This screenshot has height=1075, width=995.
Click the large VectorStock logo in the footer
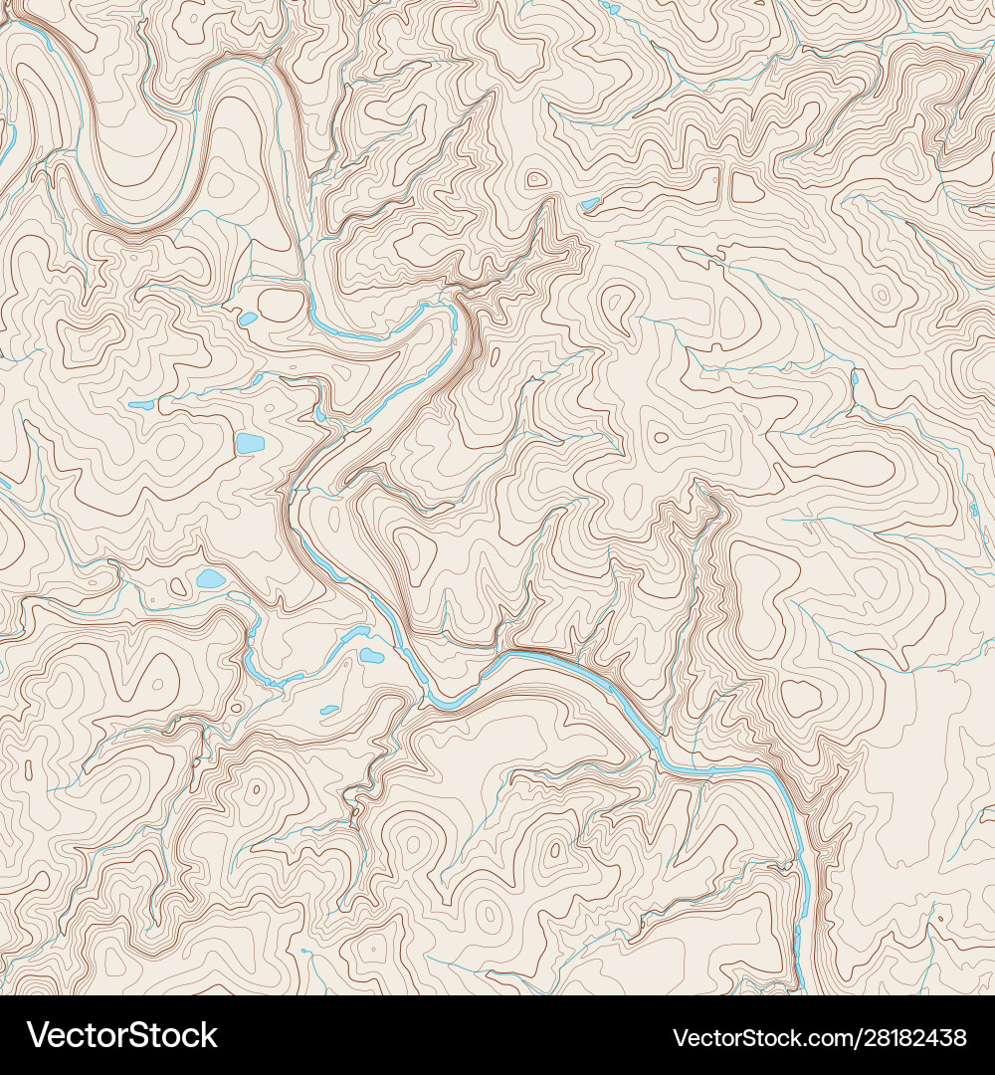122,1035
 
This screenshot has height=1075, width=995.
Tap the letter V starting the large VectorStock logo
38,1035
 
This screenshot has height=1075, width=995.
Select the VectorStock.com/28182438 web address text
820,1037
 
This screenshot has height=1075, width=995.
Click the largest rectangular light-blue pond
250,443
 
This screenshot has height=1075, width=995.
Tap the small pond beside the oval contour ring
248,319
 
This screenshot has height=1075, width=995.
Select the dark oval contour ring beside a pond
281,305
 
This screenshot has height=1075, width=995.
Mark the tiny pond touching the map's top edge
610,9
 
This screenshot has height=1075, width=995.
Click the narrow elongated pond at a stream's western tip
141,405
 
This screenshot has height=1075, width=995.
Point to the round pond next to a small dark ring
211,578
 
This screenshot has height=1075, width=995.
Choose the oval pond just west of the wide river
371,655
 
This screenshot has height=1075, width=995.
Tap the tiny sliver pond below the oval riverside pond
329,710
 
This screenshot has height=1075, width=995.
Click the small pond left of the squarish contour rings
591,204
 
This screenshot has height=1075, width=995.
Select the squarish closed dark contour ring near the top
747,187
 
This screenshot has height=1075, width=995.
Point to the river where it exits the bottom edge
802,985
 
